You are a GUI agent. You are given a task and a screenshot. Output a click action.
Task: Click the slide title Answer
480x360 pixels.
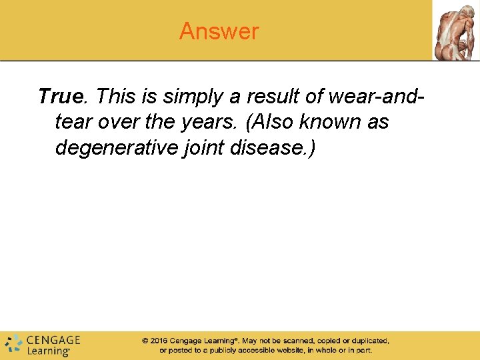point(219,31)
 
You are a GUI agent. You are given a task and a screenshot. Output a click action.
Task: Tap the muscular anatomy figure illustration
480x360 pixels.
point(455,30)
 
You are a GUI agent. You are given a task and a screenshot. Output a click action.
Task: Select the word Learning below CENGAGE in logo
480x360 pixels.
point(48,351)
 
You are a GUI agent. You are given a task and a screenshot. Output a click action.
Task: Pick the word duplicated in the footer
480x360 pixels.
point(368,341)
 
